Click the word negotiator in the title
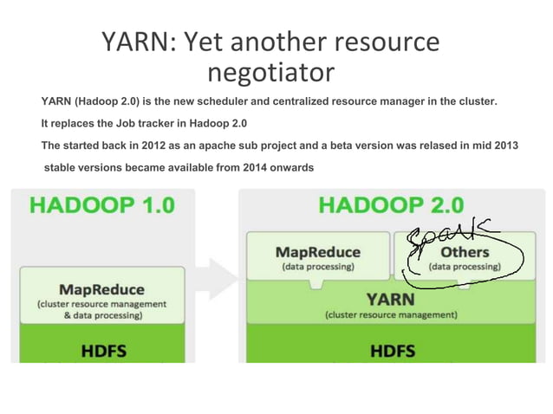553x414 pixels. (272, 72)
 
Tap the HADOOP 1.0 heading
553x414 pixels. (102, 205)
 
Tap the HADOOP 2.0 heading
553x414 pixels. (391, 205)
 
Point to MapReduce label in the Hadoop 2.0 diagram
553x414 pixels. (317, 252)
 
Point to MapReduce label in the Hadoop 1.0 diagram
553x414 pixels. (101, 288)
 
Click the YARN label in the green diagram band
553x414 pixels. (390, 299)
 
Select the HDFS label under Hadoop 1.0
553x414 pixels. (101, 353)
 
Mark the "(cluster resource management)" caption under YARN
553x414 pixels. (390, 315)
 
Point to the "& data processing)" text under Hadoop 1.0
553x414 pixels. (101, 315)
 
